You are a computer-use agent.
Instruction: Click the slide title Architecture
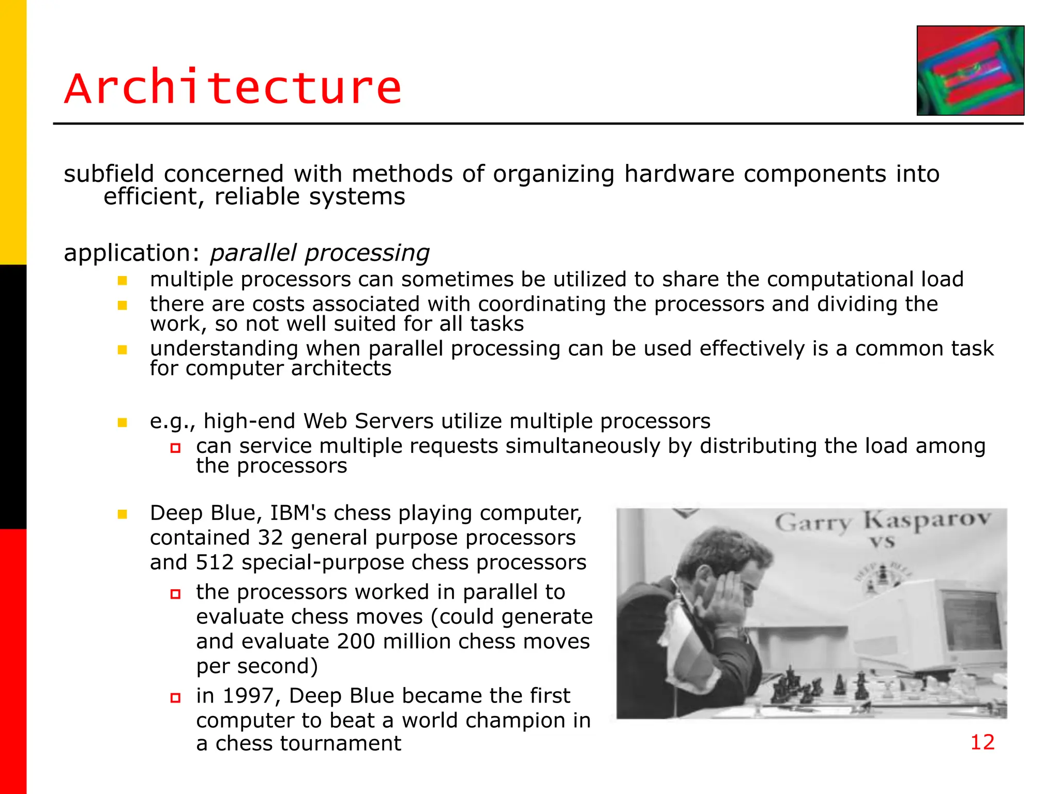click(x=233, y=88)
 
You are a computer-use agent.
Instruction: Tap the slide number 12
click(x=982, y=742)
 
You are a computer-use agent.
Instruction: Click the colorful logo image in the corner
click(x=970, y=70)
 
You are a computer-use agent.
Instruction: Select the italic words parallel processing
click(x=320, y=253)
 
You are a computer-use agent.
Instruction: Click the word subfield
click(x=109, y=174)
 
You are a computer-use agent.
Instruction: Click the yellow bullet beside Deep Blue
click(x=123, y=514)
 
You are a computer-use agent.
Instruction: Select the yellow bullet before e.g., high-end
click(x=123, y=422)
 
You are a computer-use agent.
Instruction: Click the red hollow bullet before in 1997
click(x=175, y=698)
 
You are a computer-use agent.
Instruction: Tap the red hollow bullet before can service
click(x=175, y=448)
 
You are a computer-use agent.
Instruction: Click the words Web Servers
click(x=368, y=421)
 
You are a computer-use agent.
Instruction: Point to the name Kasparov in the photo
click(x=927, y=520)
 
